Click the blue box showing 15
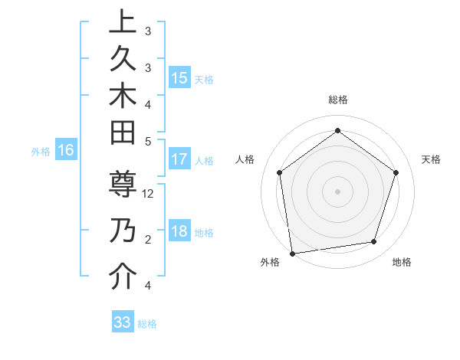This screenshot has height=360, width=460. click(x=179, y=78)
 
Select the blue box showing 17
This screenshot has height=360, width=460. click(x=179, y=159)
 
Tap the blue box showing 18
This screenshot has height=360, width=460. click(x=179, y=232)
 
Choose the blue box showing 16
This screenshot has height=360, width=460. click(x=66, y=150)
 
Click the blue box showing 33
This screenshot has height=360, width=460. click(x=123, y=322)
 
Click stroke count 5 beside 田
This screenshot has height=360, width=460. click(x=147, y=140)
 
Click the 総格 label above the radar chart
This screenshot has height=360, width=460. click(x=337, y=100)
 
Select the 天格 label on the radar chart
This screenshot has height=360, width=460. click(x=432, y=159)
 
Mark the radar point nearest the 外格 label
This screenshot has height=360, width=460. click(x=291, y=253)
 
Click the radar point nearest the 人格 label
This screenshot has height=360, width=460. click(x=279, y=172)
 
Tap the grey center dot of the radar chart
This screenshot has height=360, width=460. click(x=337, y=191)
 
